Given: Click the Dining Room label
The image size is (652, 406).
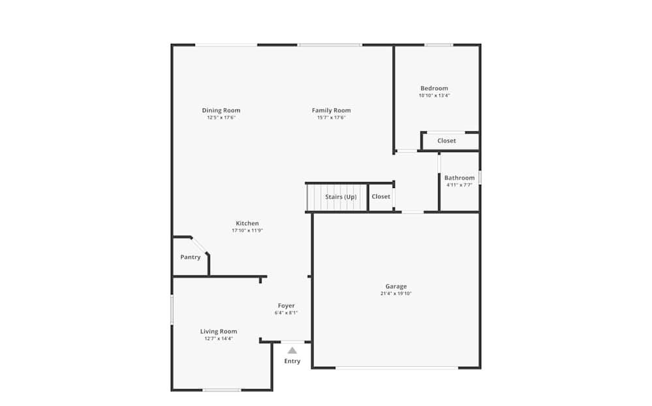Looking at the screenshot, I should [x=221, y=110].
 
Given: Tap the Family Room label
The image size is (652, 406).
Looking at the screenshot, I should [x=331, y=110].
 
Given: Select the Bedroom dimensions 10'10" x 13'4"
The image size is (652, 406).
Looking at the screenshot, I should [x=434, y=95].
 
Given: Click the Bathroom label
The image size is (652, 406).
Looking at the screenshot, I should [x=460, y=178].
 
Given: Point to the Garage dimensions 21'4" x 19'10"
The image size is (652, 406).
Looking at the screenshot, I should [x=396, y=294].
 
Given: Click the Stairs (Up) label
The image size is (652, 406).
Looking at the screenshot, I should [x=341, y=196].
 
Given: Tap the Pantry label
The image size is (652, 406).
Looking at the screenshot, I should [x=190, y=257].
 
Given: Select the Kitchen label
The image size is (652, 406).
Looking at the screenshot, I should [x=247, y=223].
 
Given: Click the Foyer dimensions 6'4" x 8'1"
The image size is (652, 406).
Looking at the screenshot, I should [x=286, y=313].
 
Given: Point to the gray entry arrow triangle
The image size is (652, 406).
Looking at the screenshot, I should [x=292, y=351].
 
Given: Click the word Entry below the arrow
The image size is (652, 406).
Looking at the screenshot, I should [x=292, y=361].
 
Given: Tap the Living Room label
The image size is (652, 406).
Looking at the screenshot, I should [x=218, y=331].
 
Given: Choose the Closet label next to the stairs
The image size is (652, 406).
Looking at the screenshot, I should [x=381, y=196].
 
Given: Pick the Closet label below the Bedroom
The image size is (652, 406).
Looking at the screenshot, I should [x=447, y=140].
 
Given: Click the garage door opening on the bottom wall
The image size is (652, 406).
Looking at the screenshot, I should [x=396, y=368].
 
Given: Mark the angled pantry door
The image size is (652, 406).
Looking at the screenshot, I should [x=200, y=245].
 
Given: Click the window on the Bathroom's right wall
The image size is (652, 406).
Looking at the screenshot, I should [x=480, y=178].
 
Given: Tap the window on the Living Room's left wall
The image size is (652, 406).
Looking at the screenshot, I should [x=171, y=309].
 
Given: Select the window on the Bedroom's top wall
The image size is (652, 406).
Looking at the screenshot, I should [x=439, y=45].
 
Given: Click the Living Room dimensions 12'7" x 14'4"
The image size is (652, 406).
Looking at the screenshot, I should [x=218, y=339].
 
